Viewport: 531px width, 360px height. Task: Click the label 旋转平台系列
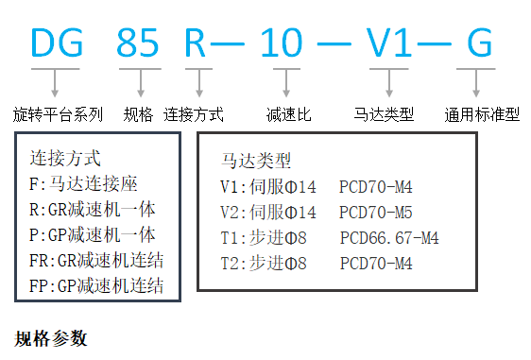58,114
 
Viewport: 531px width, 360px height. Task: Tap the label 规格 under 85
139,114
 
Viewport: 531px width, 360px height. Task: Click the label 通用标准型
482,115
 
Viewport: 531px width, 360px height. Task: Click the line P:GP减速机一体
93,234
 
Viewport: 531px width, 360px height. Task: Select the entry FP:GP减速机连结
96,285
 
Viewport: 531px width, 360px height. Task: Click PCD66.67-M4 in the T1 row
388,237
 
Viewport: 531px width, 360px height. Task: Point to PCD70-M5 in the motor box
375,212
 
